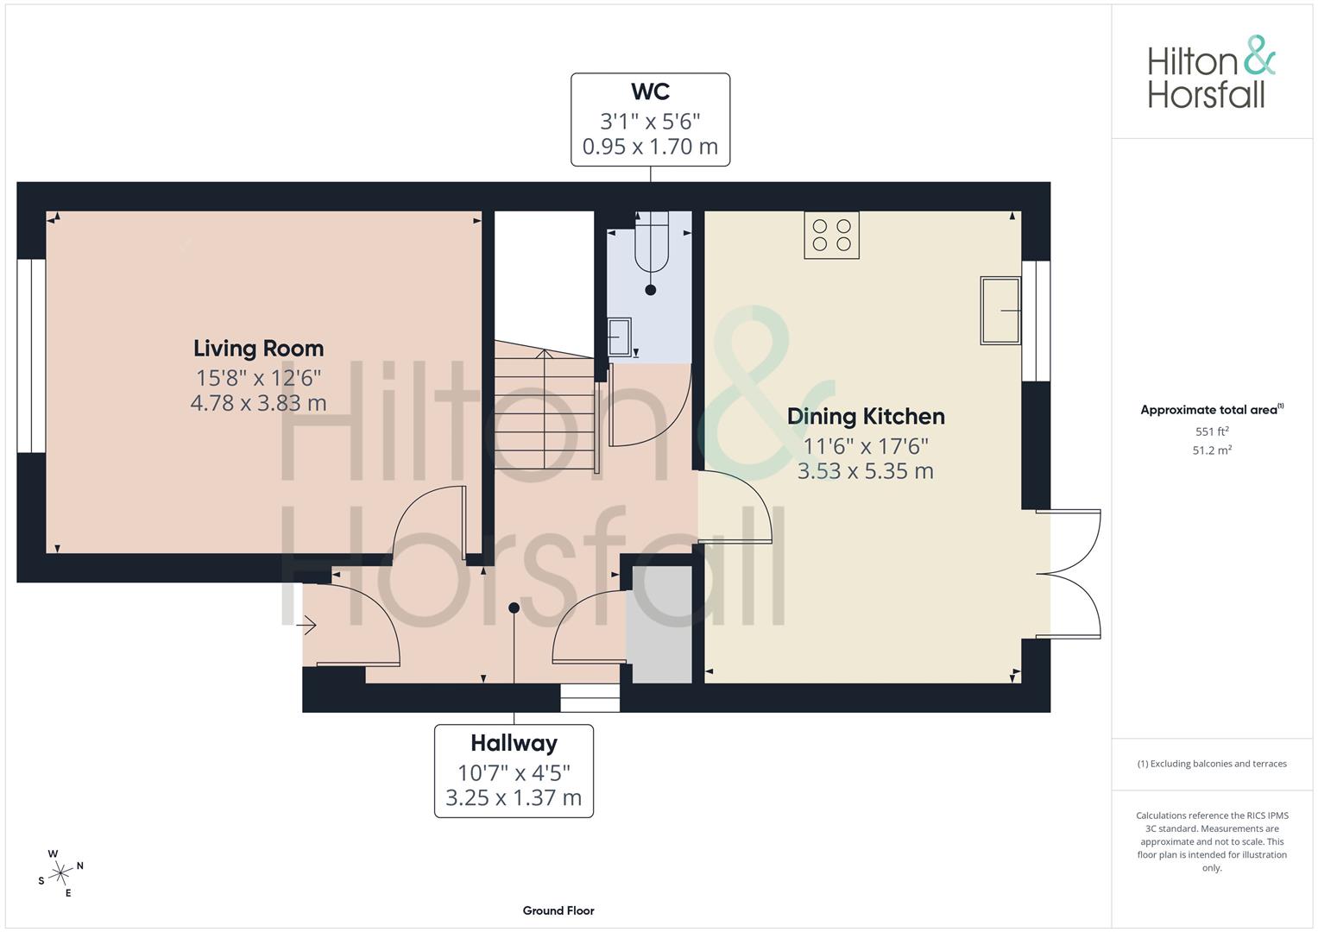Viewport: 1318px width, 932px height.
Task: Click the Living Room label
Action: click(x=258, y=349)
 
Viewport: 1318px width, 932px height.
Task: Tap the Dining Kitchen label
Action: click(x=866, y=417)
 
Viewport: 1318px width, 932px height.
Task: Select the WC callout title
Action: click(x=650, y=91)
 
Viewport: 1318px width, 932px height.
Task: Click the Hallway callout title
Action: click(x=514, y=744)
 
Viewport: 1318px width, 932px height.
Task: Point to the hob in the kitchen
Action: click(x=831, y=235)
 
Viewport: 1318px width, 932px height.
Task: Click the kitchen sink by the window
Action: click(x=1000, y=310)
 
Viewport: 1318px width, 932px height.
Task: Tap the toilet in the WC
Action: click(x=652, y=242)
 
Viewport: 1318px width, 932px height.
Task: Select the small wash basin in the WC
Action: click(x=619, y=337)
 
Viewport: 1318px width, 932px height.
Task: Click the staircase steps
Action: click(x=544, y=406)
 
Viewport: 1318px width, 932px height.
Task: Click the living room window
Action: click(x=31, y=356)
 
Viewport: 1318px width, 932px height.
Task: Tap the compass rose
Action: click(x=60, y=873)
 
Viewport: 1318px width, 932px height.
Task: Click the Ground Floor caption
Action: click(x=558, y=910)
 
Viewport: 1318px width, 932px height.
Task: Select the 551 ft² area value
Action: click(x=1212, y=431)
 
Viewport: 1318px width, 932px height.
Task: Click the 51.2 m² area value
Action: click(x=1212, y=450)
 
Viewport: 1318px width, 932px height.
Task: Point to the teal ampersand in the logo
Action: click(x=1259, y=55)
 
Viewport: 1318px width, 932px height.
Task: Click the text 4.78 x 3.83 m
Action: click(x=258, y=403)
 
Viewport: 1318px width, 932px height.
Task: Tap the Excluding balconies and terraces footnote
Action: click(x=1212, y=764)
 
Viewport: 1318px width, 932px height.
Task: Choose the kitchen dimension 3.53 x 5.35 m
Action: click(x=866, y=471)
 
